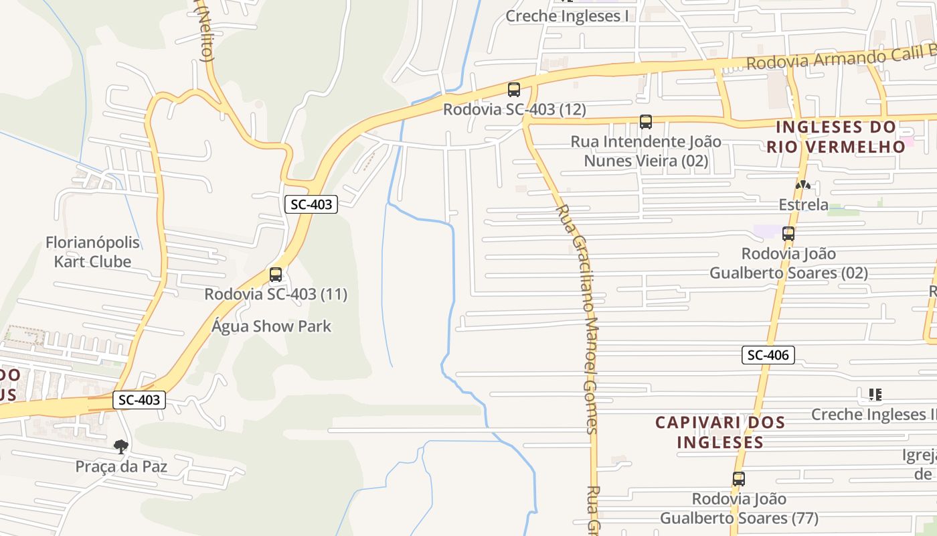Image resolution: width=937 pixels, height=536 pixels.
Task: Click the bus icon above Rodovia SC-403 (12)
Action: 514,90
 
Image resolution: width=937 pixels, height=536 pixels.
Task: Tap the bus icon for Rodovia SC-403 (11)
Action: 276,275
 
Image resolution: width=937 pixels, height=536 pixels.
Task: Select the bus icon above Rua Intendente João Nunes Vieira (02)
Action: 646,122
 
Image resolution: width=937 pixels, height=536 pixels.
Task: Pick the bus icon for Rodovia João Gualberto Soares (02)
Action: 788,234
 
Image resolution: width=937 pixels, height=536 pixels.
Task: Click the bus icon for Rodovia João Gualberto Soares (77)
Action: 739,479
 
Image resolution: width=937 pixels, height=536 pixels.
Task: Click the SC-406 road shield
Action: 768,355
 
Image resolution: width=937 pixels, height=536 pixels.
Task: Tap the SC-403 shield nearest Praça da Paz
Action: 139,400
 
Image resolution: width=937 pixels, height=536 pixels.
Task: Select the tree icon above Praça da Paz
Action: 121,446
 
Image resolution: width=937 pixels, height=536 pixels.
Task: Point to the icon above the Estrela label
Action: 802,185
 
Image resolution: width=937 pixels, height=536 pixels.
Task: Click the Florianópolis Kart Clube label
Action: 92,252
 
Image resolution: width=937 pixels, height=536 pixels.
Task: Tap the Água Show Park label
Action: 272,326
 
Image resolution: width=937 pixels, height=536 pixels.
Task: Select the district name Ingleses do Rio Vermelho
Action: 835,137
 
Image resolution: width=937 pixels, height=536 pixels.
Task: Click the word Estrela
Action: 803,204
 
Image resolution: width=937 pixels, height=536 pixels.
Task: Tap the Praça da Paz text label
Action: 121,466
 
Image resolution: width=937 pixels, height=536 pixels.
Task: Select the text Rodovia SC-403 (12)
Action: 514,109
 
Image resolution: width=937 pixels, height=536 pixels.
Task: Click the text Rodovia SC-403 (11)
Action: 276,294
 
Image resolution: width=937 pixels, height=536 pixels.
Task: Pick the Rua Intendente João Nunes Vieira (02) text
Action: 646,151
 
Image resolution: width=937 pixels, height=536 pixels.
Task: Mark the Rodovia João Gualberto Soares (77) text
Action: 739,509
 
